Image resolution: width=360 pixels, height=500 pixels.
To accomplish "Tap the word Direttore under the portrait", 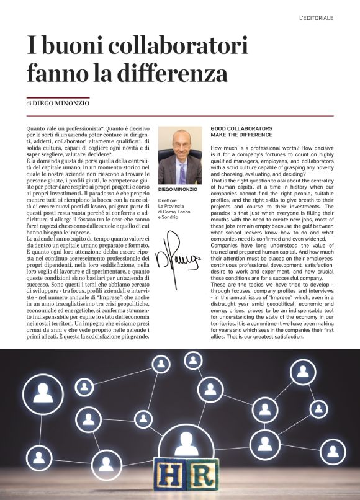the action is [168, 201].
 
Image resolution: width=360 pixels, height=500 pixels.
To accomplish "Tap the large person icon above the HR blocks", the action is [184, 442].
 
